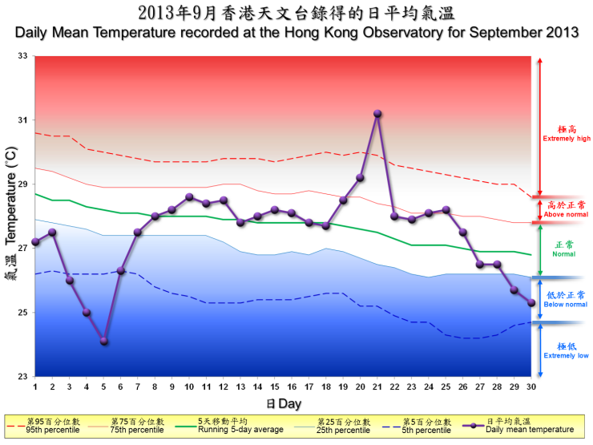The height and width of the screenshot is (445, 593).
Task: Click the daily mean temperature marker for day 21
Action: [x=377, y=114]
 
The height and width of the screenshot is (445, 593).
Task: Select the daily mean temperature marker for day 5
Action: [x=103, y=341]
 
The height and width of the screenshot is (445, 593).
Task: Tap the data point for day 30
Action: [x=531, y=302]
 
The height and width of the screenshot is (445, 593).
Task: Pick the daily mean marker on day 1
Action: [x=35, y=241]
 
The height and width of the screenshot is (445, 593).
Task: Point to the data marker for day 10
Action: [x=189, y=196]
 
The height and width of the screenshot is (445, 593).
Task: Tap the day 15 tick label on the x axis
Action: [x=275, y=386]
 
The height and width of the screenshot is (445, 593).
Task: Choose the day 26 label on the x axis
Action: [x=462, y=386]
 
